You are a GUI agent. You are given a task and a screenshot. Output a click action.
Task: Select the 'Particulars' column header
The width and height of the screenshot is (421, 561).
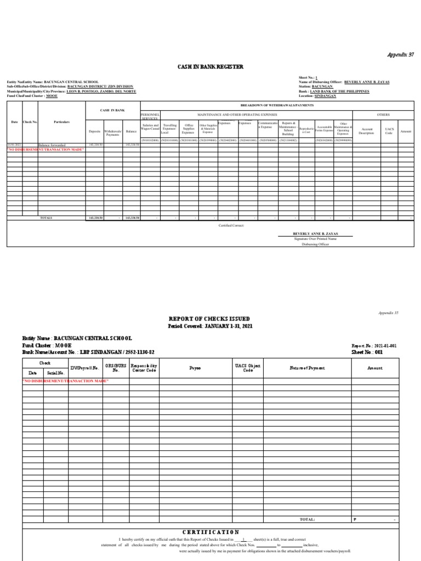click(61, 122)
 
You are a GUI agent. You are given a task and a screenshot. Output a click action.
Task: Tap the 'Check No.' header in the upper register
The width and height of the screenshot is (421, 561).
click(30, 122)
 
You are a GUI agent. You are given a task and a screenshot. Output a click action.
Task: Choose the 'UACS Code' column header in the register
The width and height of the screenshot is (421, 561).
click(389, 131)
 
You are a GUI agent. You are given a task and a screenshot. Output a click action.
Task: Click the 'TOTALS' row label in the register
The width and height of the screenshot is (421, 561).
click(46, 217)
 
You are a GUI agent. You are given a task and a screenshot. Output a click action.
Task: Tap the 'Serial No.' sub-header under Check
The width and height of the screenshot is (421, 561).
click(56, 373)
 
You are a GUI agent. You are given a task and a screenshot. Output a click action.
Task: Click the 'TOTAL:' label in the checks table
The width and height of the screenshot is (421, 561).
click(307, 519)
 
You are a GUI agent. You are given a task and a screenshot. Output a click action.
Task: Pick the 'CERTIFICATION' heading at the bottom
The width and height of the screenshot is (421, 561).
click(210, 532)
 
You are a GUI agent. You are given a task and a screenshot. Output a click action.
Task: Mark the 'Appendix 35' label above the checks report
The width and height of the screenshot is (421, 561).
click(388, 313)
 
